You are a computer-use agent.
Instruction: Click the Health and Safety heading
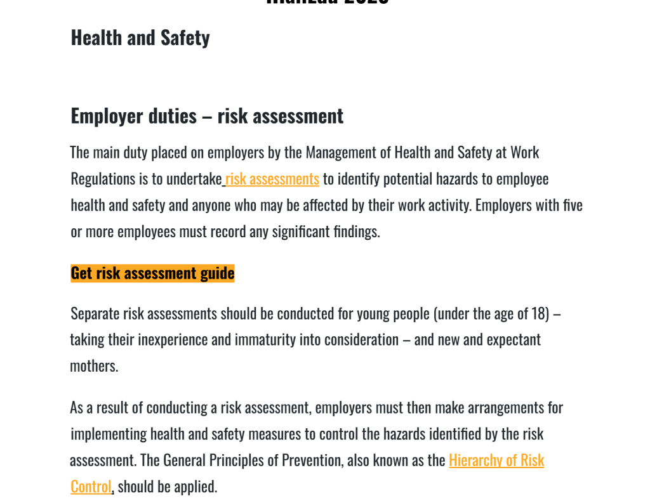point(140,38)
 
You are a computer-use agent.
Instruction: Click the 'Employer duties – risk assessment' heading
point(207,116)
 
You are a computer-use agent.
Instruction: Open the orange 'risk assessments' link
point(272,180)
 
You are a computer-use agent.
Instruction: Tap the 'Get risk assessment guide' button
point(152,273)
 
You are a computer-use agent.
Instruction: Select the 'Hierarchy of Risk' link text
point(496,461)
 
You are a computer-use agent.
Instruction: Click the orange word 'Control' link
point(91,487)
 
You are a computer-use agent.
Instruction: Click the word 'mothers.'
point(94,366)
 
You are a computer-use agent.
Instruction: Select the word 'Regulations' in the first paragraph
point(102,180)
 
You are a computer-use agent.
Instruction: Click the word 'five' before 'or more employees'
point(573,206)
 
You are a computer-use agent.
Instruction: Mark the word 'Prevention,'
point(311,461)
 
